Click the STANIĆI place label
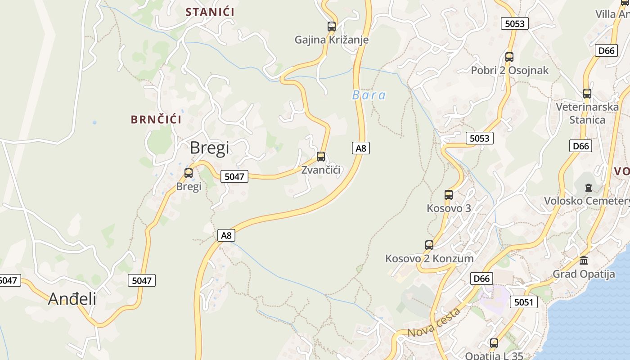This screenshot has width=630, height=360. tap(210, 12)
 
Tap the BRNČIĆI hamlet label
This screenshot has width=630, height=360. tap(156, 120)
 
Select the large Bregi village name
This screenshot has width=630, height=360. tap(209, 148)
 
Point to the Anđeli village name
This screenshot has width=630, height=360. tap(72, 298)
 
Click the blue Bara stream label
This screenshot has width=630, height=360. tap(369, 95)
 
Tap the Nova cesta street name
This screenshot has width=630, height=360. tap(434, 323)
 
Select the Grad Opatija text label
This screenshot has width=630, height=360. tap(584, 274)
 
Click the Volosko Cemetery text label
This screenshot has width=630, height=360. tap(587, 201)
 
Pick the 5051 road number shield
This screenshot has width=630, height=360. tap(523, 302)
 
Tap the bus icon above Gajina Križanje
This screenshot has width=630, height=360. tap(332, 27)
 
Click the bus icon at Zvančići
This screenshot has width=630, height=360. tap(321, 157)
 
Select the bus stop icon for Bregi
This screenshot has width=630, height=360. tap(189, 173)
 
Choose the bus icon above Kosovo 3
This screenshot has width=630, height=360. tap(449, 195)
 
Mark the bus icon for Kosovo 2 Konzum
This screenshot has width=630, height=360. tap(429, 245)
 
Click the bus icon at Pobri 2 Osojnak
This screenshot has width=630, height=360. tap(509, 57)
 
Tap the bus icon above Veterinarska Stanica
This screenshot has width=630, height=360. tap(587, 94)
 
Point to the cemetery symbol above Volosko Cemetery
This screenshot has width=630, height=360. tap(588, 187)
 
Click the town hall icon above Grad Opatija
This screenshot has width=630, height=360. tap(584, 260)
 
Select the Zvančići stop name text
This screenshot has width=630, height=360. tap(321, 170)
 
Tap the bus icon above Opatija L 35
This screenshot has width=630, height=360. tap(494, 343)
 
